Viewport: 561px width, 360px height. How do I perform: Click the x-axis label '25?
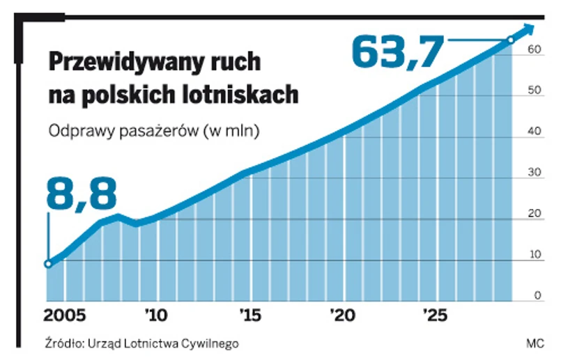point(436,315)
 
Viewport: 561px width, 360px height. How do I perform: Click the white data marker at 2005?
point(48,264)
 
